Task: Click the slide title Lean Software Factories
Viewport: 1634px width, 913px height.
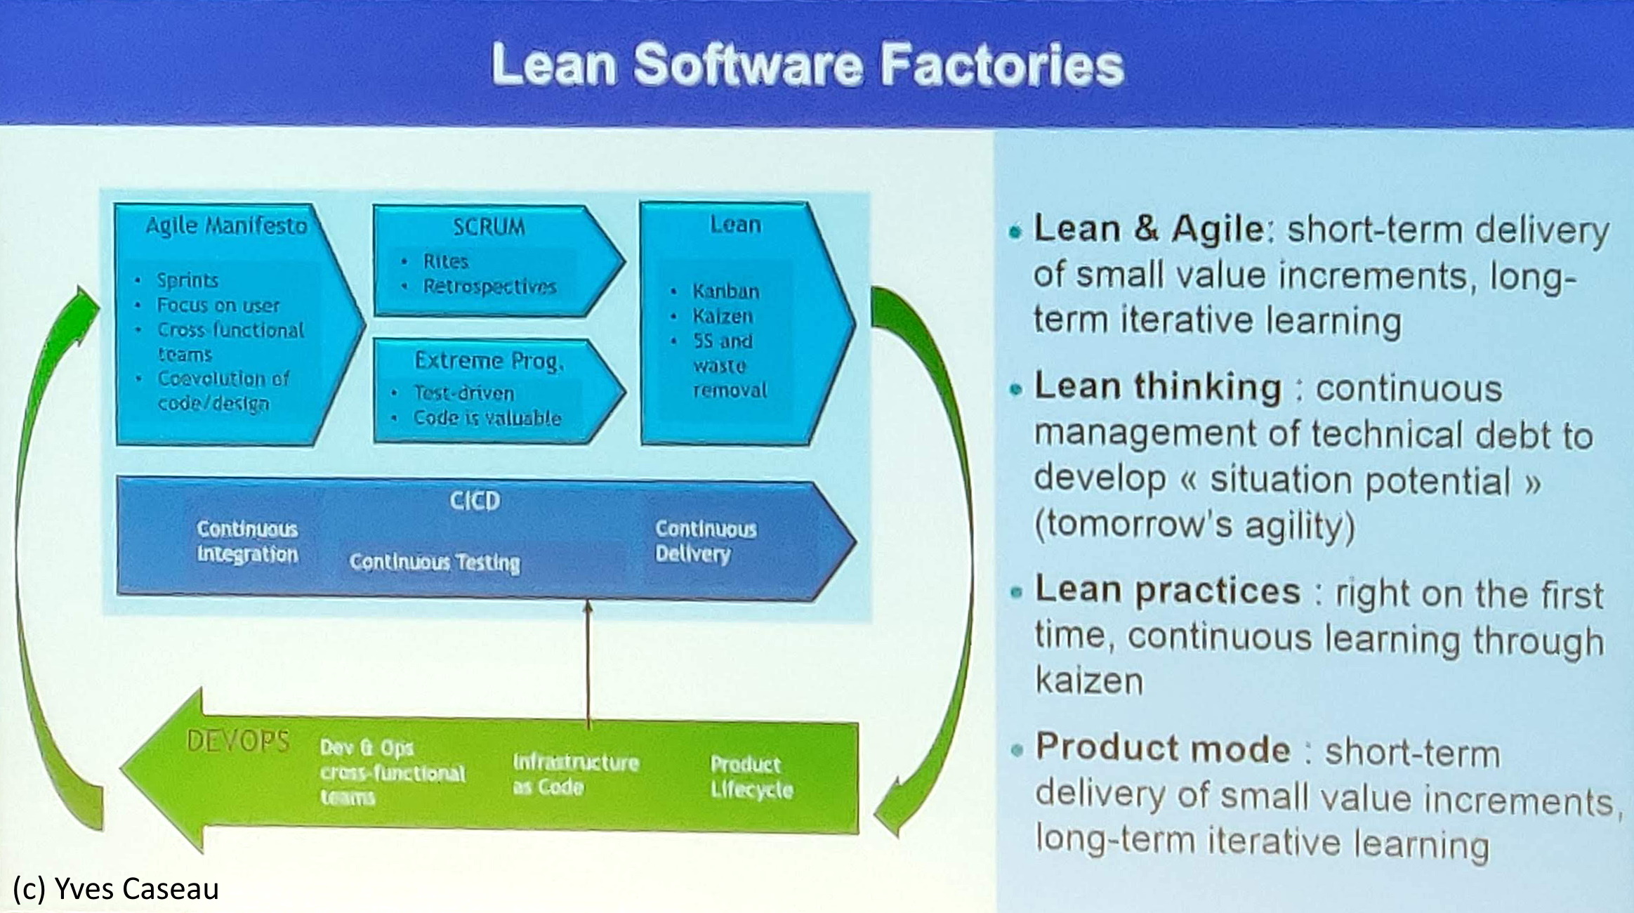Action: tap(808, 65)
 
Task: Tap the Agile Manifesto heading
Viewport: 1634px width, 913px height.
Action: tap(227, 225)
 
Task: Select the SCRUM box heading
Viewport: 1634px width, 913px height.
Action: tap(489, 227)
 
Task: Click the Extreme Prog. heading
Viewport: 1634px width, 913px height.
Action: tap(489, 361)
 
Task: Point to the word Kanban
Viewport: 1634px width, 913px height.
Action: tap(726, 291)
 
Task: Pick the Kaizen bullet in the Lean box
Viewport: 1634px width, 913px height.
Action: tap(723, 316)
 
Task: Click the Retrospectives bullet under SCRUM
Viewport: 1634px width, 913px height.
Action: tap(489, 287)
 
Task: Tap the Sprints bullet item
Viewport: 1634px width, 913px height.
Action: tap(187, 280)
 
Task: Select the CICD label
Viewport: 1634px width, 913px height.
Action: tap(475, 501)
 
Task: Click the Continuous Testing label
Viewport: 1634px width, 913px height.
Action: tap(435, 563)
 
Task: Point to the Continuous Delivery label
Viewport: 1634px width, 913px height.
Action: tap(706, 541)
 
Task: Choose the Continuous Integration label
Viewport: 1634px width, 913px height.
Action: tap(247, 541)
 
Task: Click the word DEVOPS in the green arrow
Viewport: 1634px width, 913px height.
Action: tap(238, 741)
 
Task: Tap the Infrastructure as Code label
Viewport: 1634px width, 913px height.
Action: tap(576, 775)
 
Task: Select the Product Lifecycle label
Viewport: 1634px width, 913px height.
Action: tap(751, 777)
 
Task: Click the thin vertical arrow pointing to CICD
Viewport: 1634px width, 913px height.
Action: tap(588, 663)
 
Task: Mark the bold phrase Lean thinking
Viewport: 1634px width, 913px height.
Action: tap(1158, 387)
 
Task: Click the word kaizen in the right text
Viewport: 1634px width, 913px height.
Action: tap(1089, 681)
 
